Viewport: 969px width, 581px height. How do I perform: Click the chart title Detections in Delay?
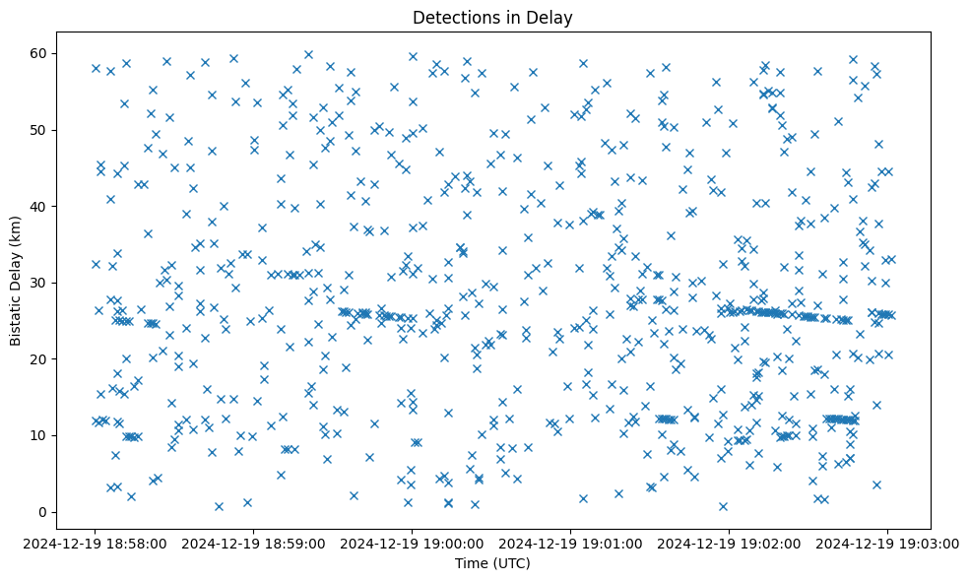[492, 18]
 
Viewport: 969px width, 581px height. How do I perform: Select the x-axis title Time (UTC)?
[492, 563]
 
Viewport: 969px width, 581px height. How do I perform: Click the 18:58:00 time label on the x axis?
[96, 542]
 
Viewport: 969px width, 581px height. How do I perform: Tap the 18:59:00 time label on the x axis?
[254, 542]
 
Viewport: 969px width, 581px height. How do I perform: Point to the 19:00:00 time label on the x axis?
[413, 542]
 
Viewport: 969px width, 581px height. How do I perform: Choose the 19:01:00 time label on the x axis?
[571, 542]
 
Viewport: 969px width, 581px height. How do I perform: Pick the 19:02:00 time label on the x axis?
[730, 542]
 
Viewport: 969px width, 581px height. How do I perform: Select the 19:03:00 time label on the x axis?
[887, 542]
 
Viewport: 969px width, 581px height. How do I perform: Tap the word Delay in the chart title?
[552, 18]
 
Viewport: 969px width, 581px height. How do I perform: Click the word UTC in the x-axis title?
[513, 563]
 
